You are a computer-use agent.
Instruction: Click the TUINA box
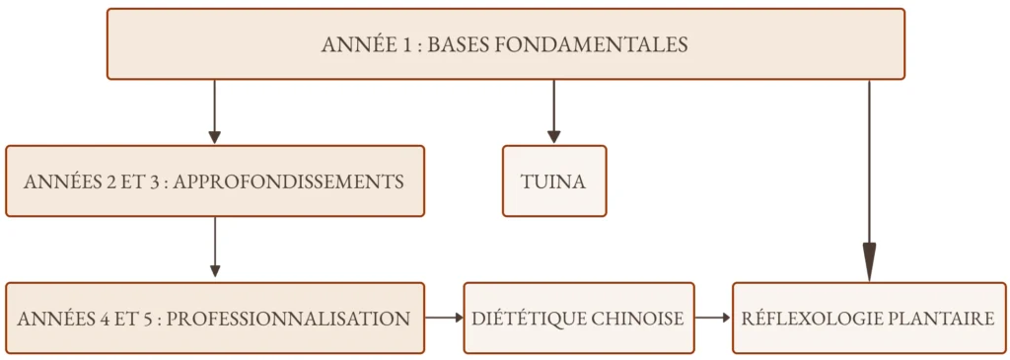(554, 180)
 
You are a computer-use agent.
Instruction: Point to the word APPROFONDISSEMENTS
(289, 181)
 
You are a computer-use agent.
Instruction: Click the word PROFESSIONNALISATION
(288, 319)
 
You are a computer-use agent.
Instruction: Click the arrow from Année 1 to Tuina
(554, 112)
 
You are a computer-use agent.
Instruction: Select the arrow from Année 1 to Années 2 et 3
(214, 112)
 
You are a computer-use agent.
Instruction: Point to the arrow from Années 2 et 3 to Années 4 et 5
(215, 248)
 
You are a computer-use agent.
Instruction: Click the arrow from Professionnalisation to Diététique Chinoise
(445, 318)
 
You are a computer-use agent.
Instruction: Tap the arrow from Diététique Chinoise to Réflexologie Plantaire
(713, 318)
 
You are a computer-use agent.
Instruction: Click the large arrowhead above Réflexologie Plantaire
(869, 262)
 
